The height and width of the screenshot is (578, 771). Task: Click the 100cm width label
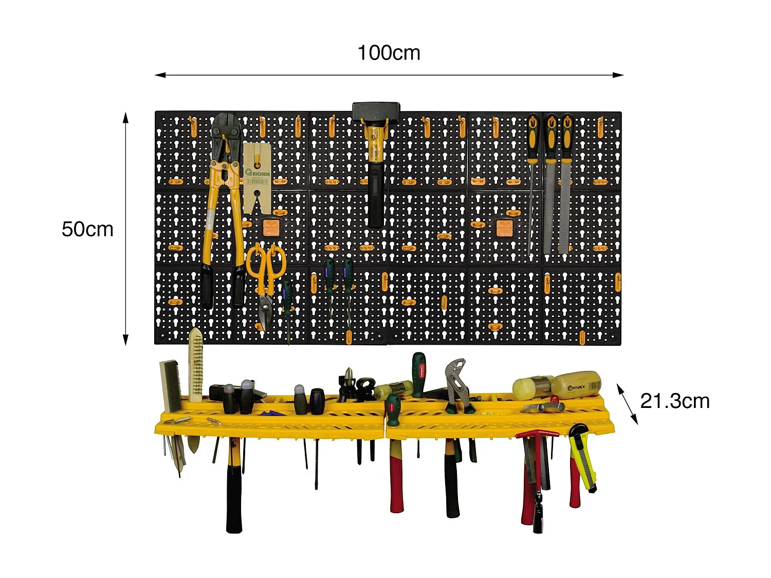[389, 53]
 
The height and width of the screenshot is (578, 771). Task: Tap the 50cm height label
[87, 229]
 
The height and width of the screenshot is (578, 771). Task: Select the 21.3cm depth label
[674, 401]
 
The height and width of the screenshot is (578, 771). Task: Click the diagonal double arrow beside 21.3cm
[627, 404]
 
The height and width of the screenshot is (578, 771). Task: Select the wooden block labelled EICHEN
[257, 177]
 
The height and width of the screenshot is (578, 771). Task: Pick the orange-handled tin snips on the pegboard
[266, 277]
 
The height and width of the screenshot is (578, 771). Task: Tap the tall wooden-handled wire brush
[195, 365]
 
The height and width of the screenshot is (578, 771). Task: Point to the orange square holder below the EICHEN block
[271, 227]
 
